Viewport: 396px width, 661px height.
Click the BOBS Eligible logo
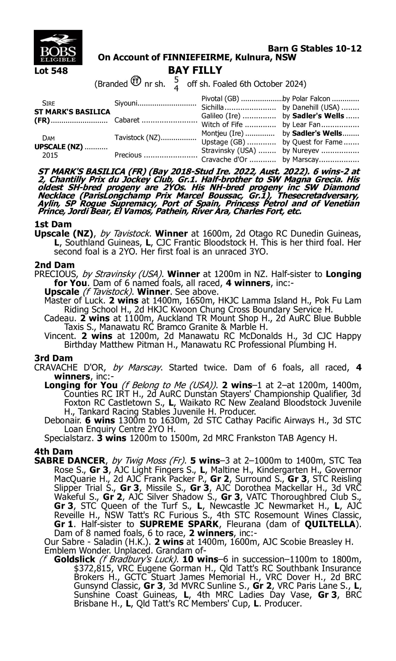[58, 47]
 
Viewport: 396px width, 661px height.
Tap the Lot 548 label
[51, 71]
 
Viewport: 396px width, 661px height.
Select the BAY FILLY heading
[195, 70]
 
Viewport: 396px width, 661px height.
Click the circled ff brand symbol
[136, 81]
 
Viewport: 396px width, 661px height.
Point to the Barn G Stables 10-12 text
[315, 48]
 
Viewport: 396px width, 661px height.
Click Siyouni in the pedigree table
[126, 103]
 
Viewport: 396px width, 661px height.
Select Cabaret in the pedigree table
[127, 120]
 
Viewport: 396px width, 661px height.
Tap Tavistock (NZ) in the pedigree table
[137, 137]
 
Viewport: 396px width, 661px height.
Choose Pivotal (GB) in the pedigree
[220, 99]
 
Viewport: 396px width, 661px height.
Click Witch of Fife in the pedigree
[222, 125]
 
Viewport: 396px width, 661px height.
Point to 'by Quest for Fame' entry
[312, 142]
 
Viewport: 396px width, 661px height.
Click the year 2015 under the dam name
[50, 155]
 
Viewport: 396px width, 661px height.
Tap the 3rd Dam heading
[53, 358]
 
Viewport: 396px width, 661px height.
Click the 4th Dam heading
[53, 452]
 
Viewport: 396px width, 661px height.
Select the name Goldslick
[74, 559]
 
